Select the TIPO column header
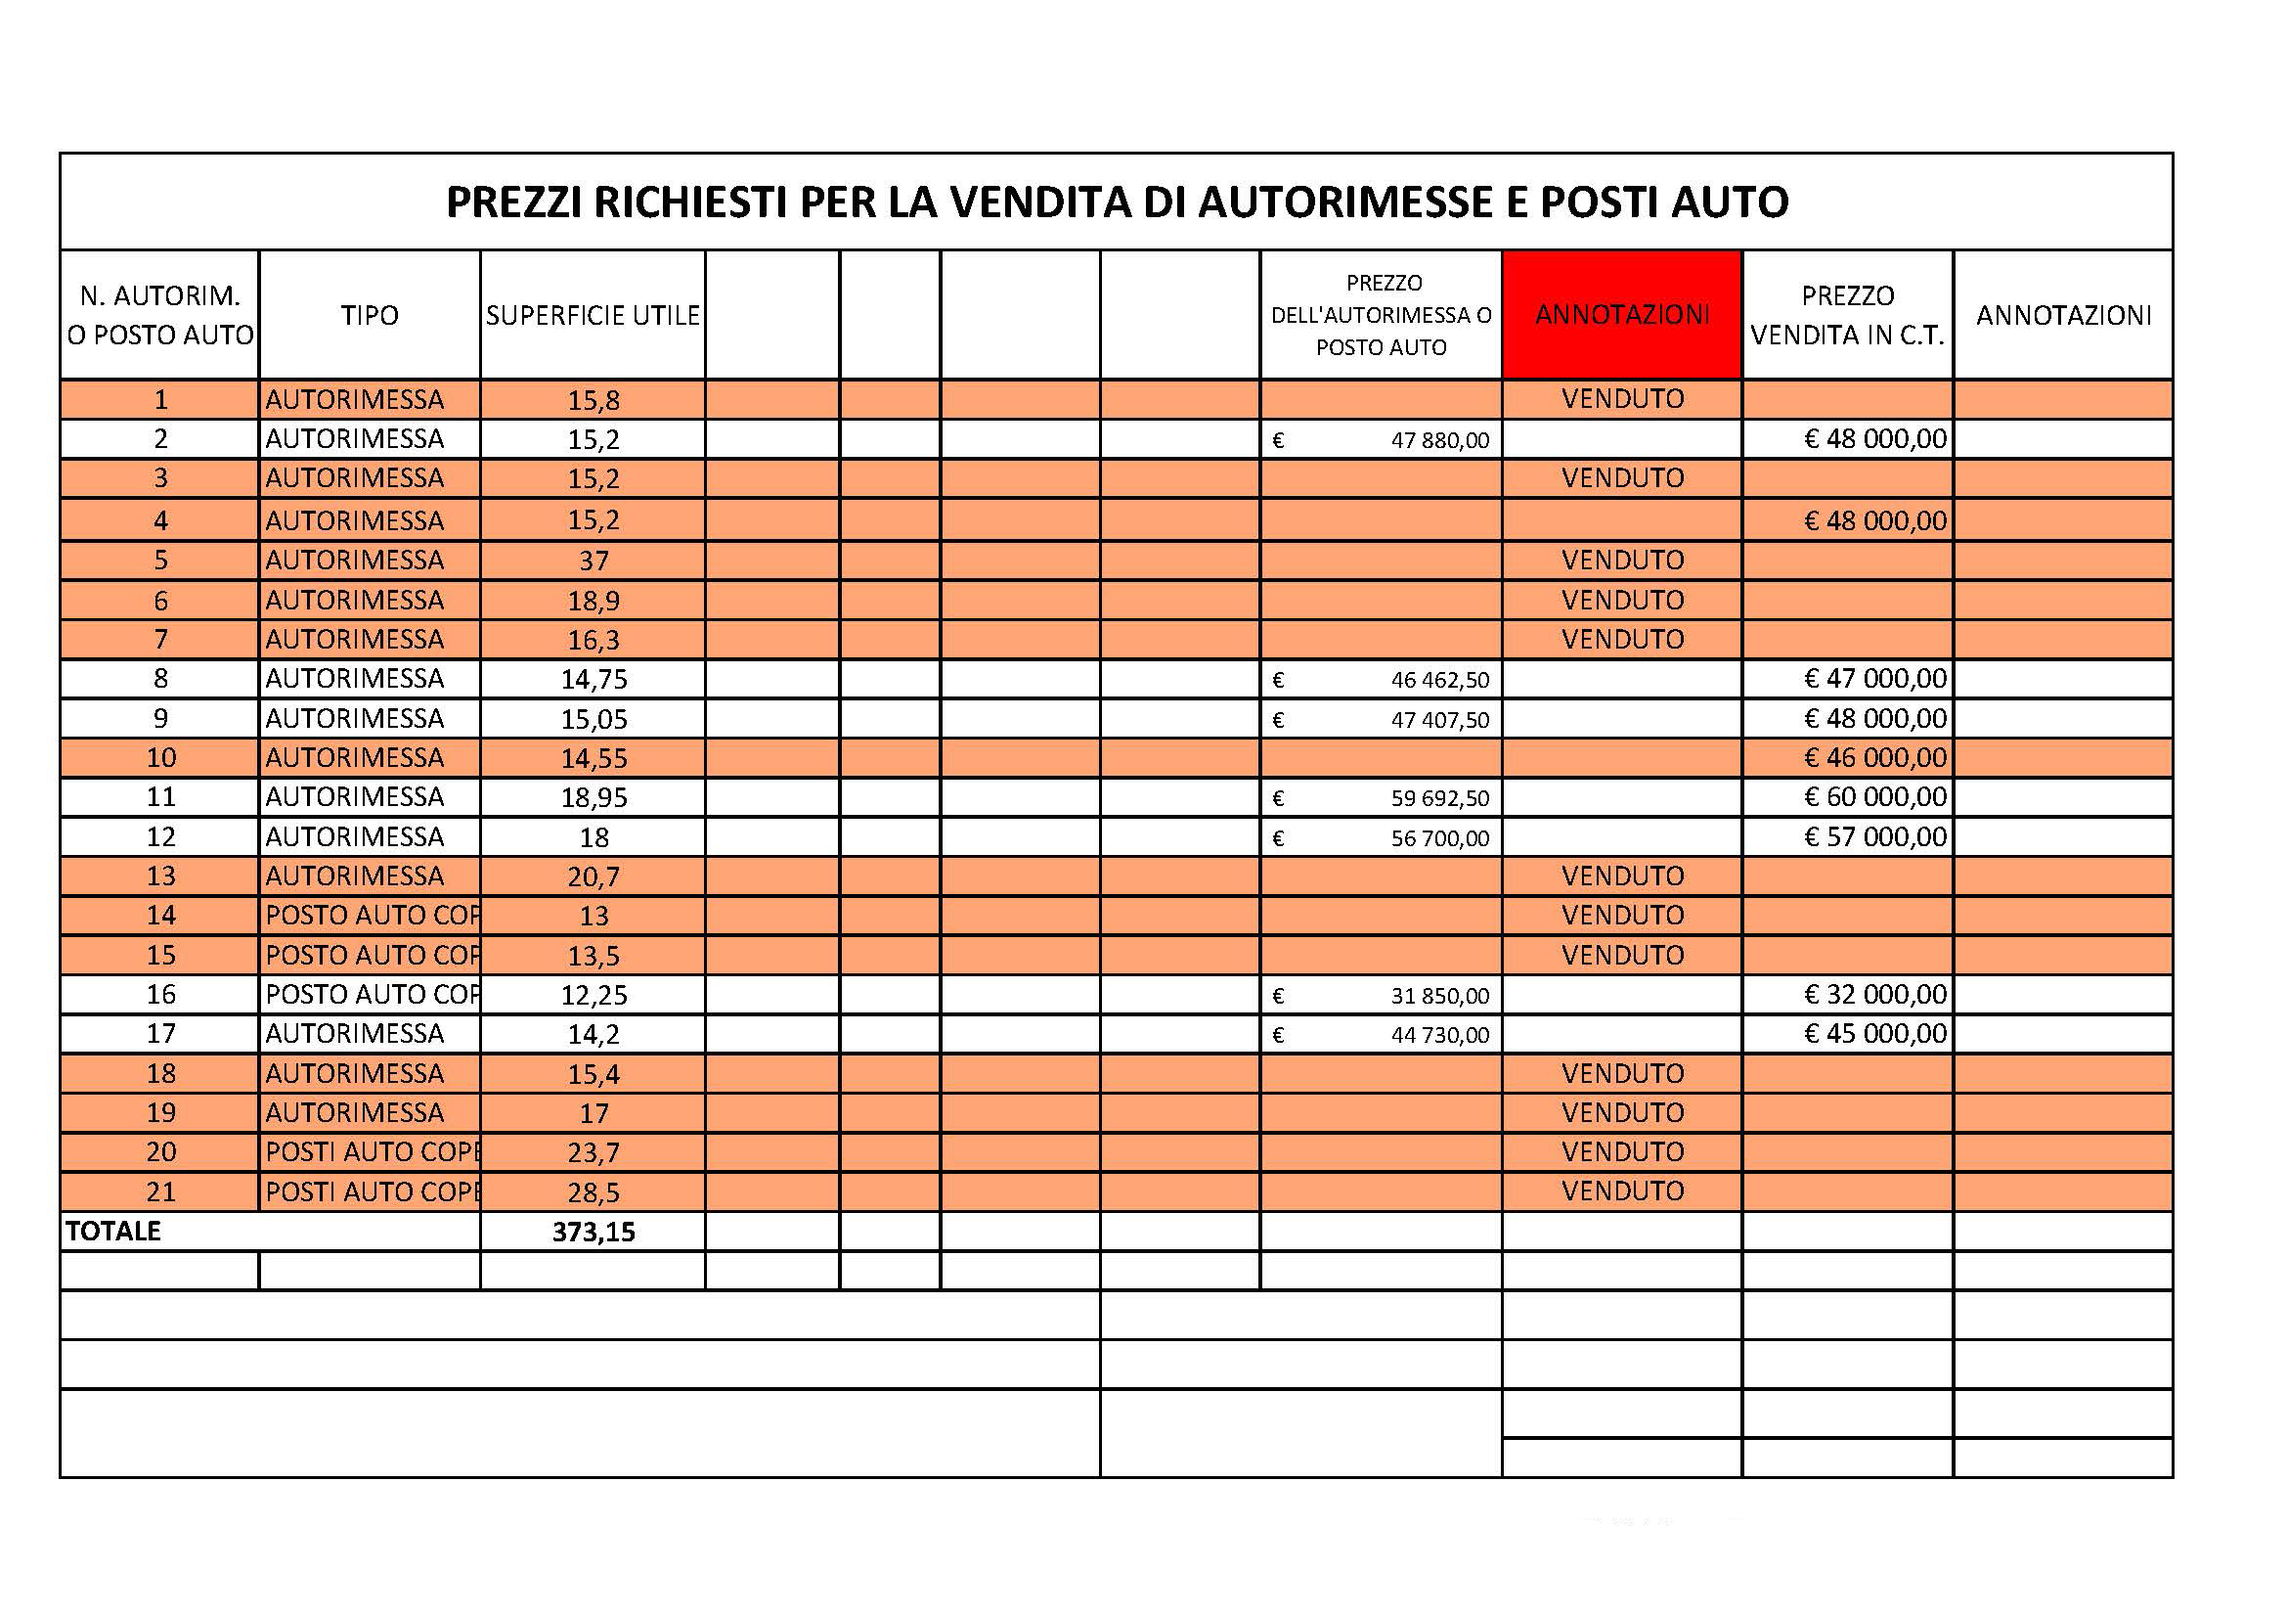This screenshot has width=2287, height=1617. tap(370, 316)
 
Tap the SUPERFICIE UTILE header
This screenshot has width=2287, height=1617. tap(593, 316)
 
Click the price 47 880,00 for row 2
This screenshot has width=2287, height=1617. tap(1439, 440)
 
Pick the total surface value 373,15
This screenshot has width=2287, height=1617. tap(594, 1233)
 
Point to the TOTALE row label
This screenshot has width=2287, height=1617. tap(113, 1232)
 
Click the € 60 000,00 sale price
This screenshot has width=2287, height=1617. tap(1874, 797)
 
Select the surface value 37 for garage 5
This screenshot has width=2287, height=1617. tap(594, 561)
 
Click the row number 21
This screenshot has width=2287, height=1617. tap(160, 1191)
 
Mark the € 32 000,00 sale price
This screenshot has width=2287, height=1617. tap(1874, 994)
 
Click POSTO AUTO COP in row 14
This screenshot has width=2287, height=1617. tap(372, 916)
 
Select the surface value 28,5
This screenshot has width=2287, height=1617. tap(594, 1192)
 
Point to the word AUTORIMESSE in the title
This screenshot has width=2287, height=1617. tap(1344, 202)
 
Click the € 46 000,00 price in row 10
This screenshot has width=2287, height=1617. tap(1874, 758)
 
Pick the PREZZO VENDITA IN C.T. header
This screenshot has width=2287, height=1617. tap(1848, 316)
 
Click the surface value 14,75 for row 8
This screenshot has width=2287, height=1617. tap(594, 680)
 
